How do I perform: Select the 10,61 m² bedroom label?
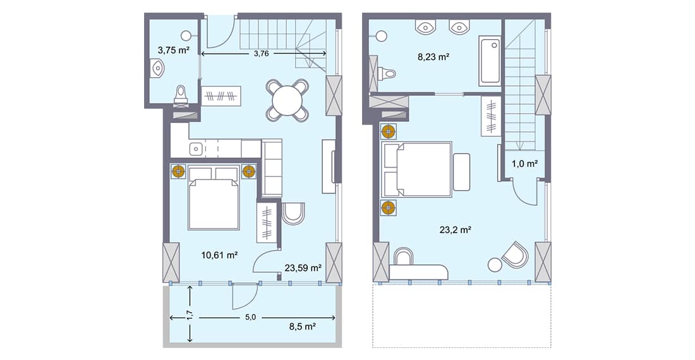point(219,255)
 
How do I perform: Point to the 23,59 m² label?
point(304,267)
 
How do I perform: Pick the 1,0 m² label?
point(524,164)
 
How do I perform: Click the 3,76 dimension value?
point(261,54)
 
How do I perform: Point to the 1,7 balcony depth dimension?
point(190,315)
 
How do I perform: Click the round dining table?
point(288,100)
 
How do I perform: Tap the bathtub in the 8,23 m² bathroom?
point(490,62)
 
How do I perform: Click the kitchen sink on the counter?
point(196,149)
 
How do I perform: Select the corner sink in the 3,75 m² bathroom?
point(157,68)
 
